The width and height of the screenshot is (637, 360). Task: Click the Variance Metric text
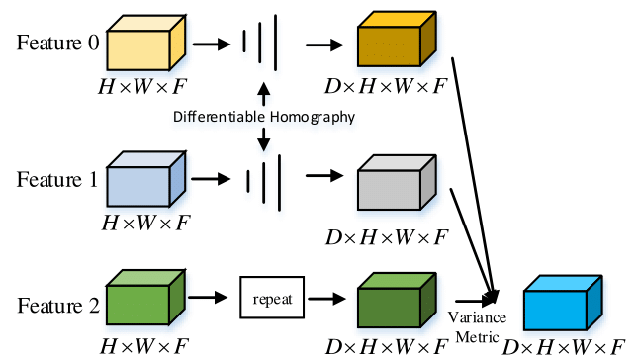tap(478, 323)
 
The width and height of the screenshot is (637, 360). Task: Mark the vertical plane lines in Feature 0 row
tap(261, 45)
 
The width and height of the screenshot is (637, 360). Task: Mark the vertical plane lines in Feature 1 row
tap(261, 179)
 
